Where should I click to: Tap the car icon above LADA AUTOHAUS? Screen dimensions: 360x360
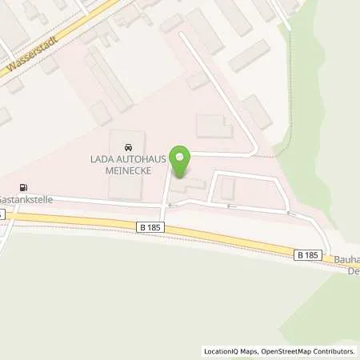click(x=126, y=147)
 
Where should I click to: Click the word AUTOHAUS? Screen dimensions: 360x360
click(x=141, y=158)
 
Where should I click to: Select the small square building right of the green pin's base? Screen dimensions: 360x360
click(x=227, y=188)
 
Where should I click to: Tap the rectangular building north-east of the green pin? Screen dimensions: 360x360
click(x=214, y=126)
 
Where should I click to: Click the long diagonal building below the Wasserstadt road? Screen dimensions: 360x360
click(x=108, y=78)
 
